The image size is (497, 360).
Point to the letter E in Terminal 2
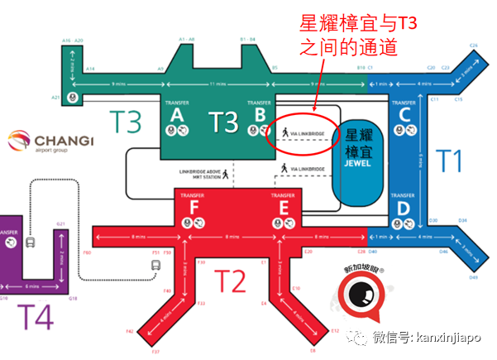[282, 209]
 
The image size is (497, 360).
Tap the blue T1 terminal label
[450, 159]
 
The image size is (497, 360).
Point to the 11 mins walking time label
[217, 84]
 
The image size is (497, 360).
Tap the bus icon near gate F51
[155, 265]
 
